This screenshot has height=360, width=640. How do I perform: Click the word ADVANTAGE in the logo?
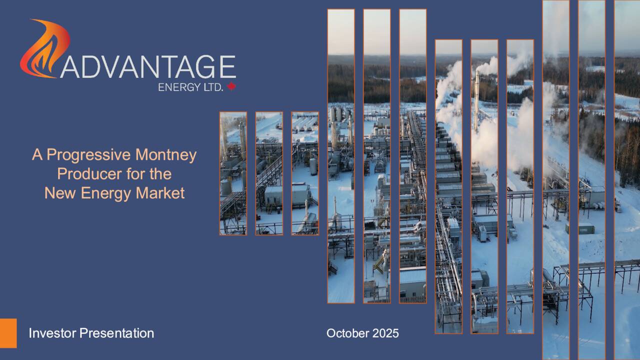[x=148, y=67]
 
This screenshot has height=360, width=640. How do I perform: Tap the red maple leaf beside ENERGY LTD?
[x=231, y=86]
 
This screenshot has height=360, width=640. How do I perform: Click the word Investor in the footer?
[x=52, y=333]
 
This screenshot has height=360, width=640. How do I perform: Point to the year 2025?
[x=386, y=333]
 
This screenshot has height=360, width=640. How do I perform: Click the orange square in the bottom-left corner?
[x=8, y=333]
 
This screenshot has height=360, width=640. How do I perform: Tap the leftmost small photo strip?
[x=233, y=173]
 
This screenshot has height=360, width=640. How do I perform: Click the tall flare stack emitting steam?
[x=476, y=95]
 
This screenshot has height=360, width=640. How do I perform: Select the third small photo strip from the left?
[x=305, y=173]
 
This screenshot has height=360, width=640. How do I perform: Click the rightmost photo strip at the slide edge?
[x=627, y=180]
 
